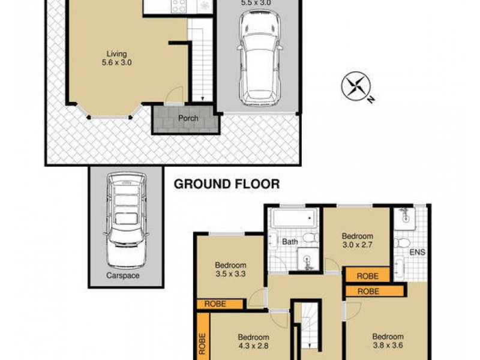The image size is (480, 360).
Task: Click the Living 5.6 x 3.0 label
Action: [x=117, y=58]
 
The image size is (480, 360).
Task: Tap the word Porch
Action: [x=188, y=118]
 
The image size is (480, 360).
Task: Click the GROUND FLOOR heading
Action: [x=226, y=184]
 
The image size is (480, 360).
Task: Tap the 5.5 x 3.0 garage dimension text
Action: [x=256, y=3]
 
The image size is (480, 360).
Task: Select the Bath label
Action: [x=290, y=242]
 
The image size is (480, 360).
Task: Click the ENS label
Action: [x=418, y=252]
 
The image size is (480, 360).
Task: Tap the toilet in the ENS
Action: [x=402, y=243]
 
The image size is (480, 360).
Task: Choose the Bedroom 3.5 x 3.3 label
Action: [x=230, y=270]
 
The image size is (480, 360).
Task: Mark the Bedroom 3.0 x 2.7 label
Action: [x=358, y=241]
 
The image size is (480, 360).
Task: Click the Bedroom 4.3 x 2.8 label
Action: [x=253, y=341]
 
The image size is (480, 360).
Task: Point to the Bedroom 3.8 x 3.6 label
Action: [x=388, y=341]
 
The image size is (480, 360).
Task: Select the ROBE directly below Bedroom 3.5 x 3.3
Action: [x=215, y=304]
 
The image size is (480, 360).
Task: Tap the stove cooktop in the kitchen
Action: [x=179, y=5]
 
